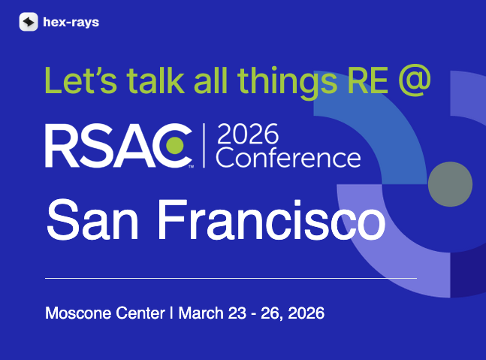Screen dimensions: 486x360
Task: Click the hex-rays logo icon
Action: tap(29, 22)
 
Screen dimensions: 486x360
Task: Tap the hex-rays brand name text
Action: tap(71, 23)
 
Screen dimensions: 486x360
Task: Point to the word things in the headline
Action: tap(288, 82)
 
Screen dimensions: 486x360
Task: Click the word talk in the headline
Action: tap(155, 80)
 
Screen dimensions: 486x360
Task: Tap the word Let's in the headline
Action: tap(81, 80)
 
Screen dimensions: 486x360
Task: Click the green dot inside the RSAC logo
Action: tap(175, 145)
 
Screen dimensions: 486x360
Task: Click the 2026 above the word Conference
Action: tap(248, 134)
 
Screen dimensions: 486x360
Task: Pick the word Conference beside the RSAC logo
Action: tap(288, 157)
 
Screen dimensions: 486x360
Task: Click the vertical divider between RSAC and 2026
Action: tap(204, 145)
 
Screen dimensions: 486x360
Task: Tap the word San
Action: tap(92, 220)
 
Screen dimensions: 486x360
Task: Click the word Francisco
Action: tap(272, 220)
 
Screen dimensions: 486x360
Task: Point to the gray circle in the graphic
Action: tap(450, 184)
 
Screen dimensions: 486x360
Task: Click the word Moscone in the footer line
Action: tap(79, 313)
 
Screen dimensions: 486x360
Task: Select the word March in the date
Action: tap(201, 313)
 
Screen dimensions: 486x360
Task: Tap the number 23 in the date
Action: tap(237, 313)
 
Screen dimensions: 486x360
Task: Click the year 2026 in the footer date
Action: tap(306, 313)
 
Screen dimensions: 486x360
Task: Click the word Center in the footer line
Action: tap(140, 313)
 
